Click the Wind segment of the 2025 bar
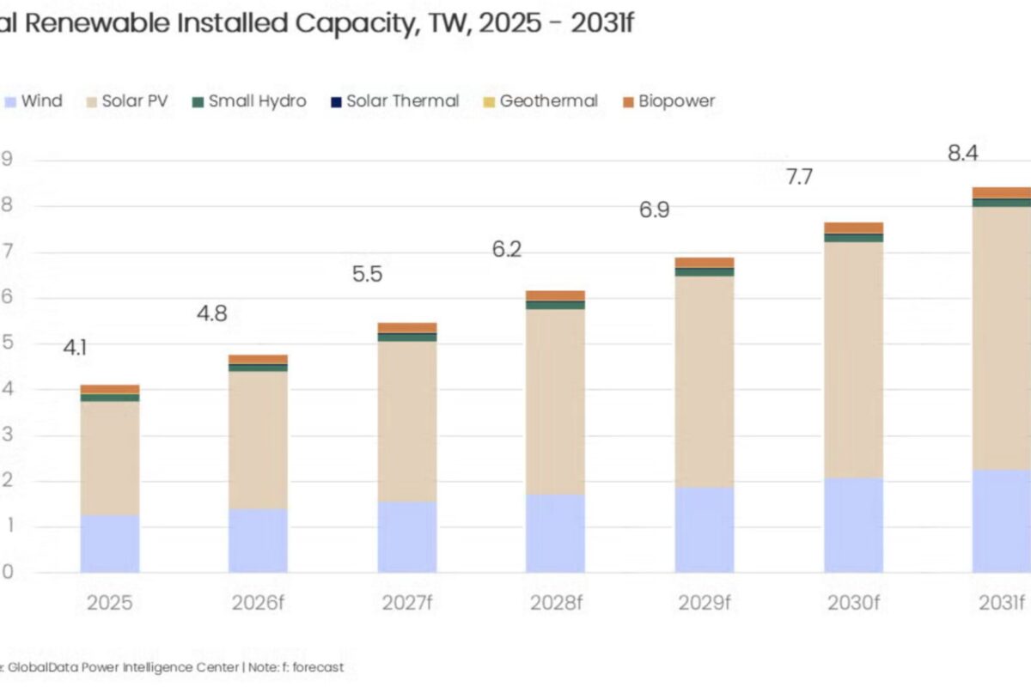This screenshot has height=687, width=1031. tap(110, 544)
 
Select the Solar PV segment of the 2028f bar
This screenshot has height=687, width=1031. tap(555, 401)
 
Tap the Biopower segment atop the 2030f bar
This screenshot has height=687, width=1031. tap(853, 228)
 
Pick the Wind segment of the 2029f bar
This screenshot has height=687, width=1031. tap(705, 530)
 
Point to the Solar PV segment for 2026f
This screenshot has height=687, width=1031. tap(258, 439)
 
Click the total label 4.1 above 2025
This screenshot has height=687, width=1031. tap(75, 348)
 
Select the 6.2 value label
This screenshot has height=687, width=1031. tap(507, 250)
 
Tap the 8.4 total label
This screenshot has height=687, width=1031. tap(961, 154)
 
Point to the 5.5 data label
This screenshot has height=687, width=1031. tap(367, 275)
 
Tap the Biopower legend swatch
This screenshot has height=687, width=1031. tap(629, 102)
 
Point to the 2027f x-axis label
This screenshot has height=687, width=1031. tap(406, 602)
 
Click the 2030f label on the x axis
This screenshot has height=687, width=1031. tap(853, 602)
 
